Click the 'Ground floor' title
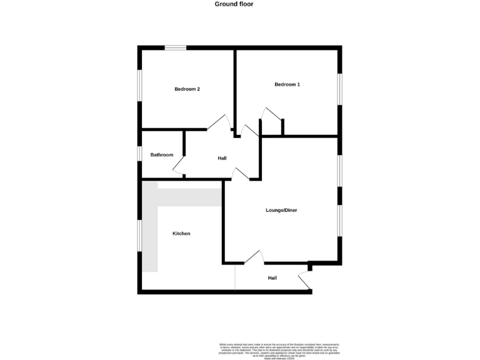click(234, 4)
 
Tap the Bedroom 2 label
click(187, 89)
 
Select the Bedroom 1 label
click(287, 84)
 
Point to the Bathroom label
click(161, 154)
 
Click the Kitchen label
click(181, 233)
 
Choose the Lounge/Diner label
click(281, 210)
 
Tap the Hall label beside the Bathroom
click(222, 158)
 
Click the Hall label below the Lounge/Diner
click(272, 277)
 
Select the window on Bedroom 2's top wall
click(176, 47)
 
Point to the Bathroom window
click(140, 154)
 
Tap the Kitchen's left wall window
click(140, 236)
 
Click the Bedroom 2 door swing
click(218, 122)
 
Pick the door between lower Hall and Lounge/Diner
click(254, 257)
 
